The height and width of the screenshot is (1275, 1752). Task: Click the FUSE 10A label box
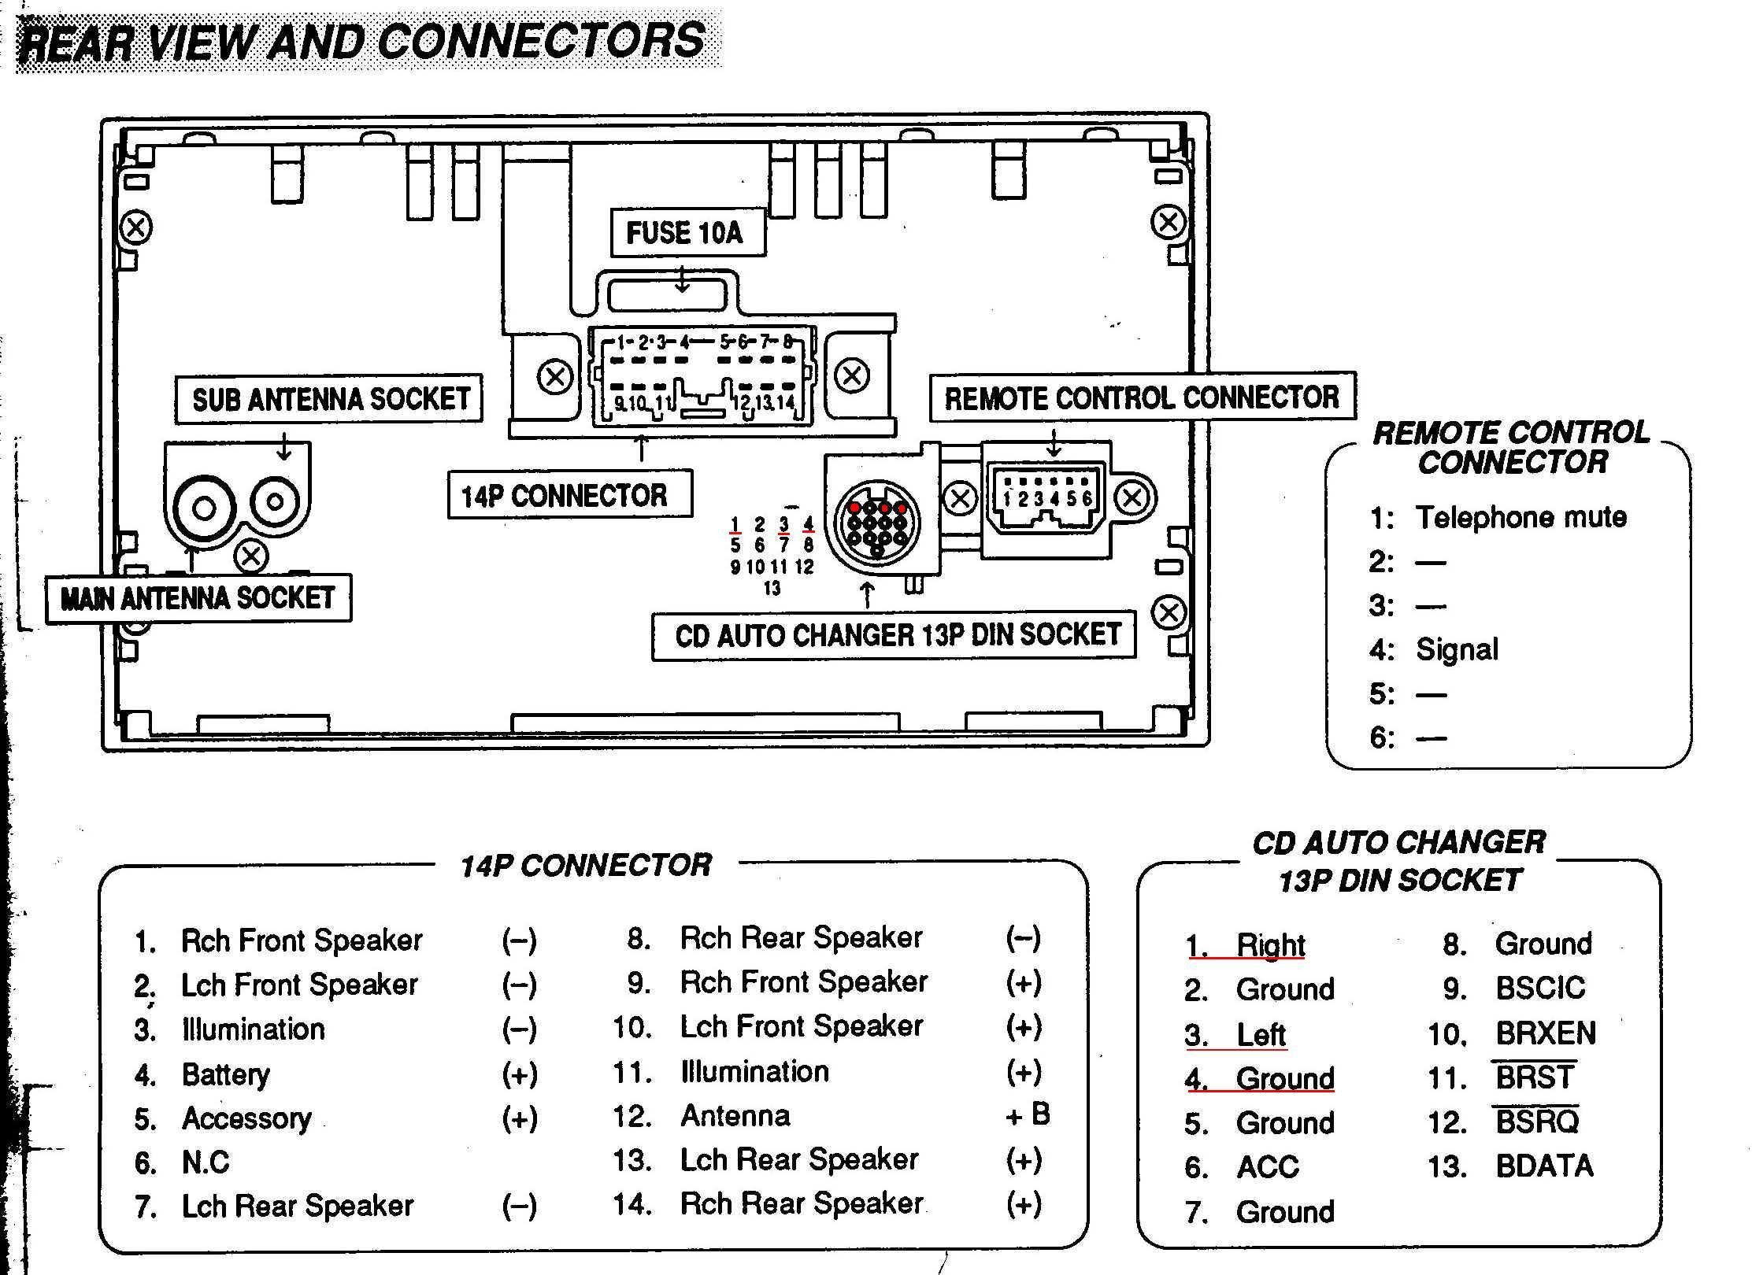coord(687,232)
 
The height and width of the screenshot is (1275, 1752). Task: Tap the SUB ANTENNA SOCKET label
coord(329,399)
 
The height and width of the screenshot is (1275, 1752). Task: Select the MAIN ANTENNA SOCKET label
coord(198,599)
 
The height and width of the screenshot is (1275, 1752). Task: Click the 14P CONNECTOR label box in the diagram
coord(570,495)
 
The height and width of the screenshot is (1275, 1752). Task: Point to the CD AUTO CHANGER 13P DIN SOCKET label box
coord(894,636)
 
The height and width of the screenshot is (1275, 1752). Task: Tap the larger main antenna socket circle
coord(204,508)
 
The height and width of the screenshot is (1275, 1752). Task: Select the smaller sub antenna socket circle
coord(275,501)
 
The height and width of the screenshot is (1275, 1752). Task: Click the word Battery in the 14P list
coord(225,1075)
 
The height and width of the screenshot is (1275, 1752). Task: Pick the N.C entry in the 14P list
coord(206,1162)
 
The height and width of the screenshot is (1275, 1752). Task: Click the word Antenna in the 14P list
coord(735,1116)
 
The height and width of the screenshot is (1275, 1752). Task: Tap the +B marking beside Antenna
coord(1028,1114)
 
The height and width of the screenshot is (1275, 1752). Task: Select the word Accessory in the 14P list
coord(246,1119)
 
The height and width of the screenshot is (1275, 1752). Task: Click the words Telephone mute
coord(1521,517)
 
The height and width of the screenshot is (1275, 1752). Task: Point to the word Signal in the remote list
coord(1457,650)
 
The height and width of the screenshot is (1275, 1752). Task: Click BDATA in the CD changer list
coord(1544,1166)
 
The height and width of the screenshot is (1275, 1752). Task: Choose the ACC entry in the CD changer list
coord(1268,1167)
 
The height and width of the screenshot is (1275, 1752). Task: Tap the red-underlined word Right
coord(1271,945)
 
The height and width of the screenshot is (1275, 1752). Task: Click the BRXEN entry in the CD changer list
coord(1546,1033)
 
